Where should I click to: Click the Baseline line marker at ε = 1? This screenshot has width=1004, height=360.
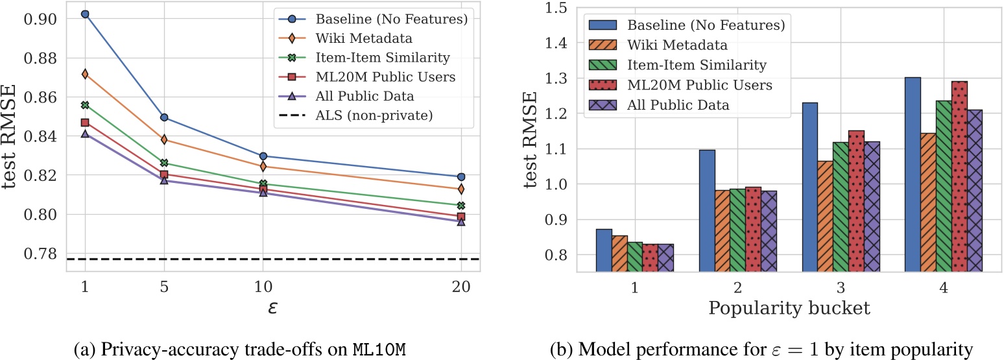pos(85,14)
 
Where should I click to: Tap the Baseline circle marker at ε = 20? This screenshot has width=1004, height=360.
pos(461,176)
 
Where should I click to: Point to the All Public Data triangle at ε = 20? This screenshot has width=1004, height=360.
pos(461,221)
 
